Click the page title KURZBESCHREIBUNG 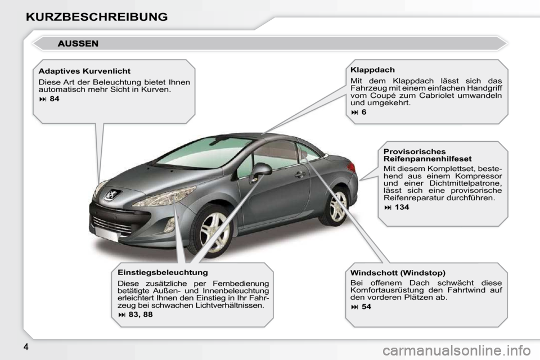pyautogui.click(x=97, y=17)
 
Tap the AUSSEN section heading pyautogui.click(x=78, y=44)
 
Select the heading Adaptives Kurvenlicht pyautogui.click(x=84, y=71)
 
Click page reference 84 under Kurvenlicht pyautogui.click(x=55, y=99)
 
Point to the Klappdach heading pyautogui.click(x=372, y=70)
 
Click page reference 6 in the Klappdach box pyautogui.click(x=364, y=112)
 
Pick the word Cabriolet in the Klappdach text pyautogui.click(x=443, y=96)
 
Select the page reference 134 pyautogui.click(x=402, y=208)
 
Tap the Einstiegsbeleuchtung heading pyautogui.click(x=163, y=272)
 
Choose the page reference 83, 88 pyautogui.click(x=141, y=314)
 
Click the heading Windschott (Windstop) pyautogui.click(x=398, y=273)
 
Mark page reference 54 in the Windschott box pyautogui.click(x=366, y=307)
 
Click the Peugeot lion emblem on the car pyautogui.click(x=112, y=195)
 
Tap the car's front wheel pyautogui.click(x=211, y=231)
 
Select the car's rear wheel pyautogui.click(x=335, y=206)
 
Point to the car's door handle pyautogui.click(x=300, y=175)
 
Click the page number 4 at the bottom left pyautogui.click(x=26, y=346)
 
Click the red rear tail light pyautogui.click(x=351, y=168)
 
